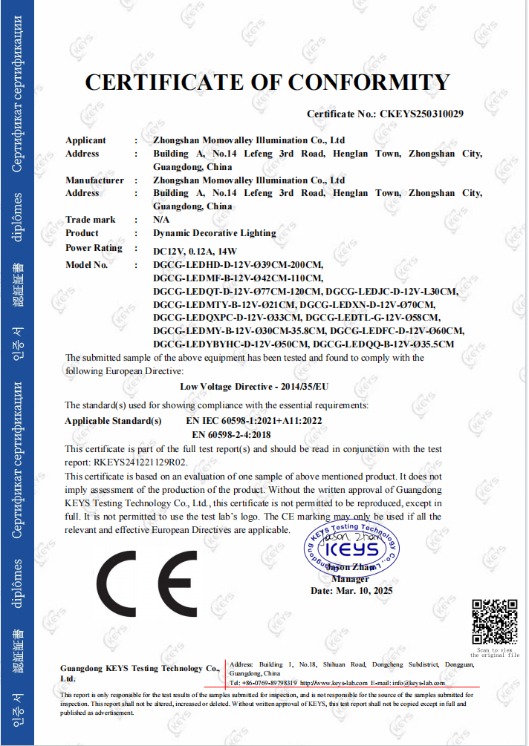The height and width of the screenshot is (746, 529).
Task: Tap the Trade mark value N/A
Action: [161, 220]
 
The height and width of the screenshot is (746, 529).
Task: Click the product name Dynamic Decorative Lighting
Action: [214, 233]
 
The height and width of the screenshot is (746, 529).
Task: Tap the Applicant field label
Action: [85, 140]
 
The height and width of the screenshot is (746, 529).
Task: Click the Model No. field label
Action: [86, 265]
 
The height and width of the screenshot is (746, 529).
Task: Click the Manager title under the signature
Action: [350, 579]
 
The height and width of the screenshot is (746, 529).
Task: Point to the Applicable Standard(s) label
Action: [113, 421]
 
